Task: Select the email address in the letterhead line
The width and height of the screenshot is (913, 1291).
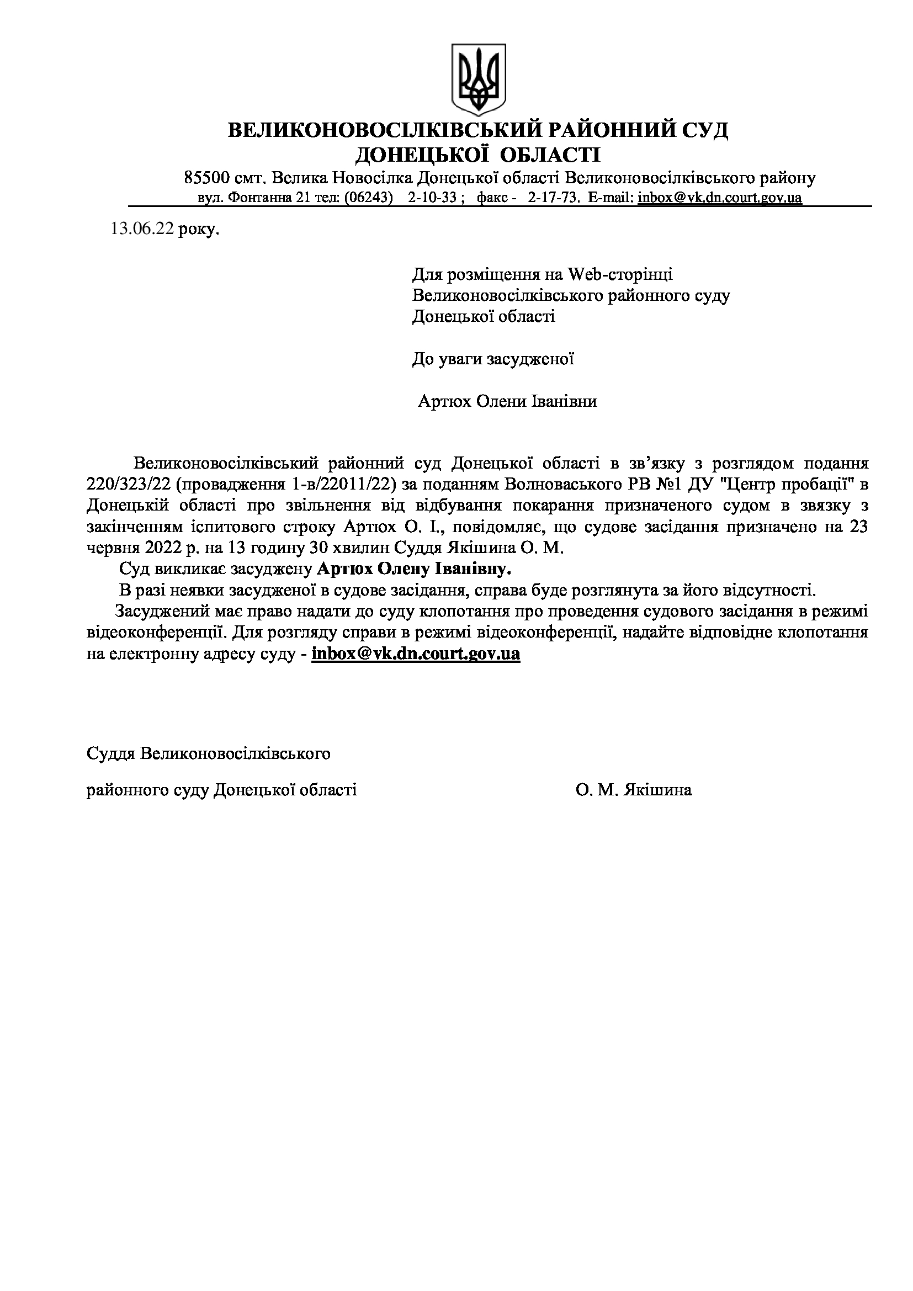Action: (x=720, y=198)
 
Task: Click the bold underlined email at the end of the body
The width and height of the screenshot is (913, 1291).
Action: (x=416, y=654)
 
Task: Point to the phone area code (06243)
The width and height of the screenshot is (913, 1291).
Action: (x=368, y=198)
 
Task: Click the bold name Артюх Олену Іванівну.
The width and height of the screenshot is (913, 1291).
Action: (x=415, y=570)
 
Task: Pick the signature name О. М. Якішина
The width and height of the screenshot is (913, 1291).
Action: (x=634, y=790)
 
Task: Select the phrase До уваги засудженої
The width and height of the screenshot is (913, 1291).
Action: (x=493, y=359)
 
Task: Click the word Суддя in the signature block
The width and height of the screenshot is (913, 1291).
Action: (x=110, y=753)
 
